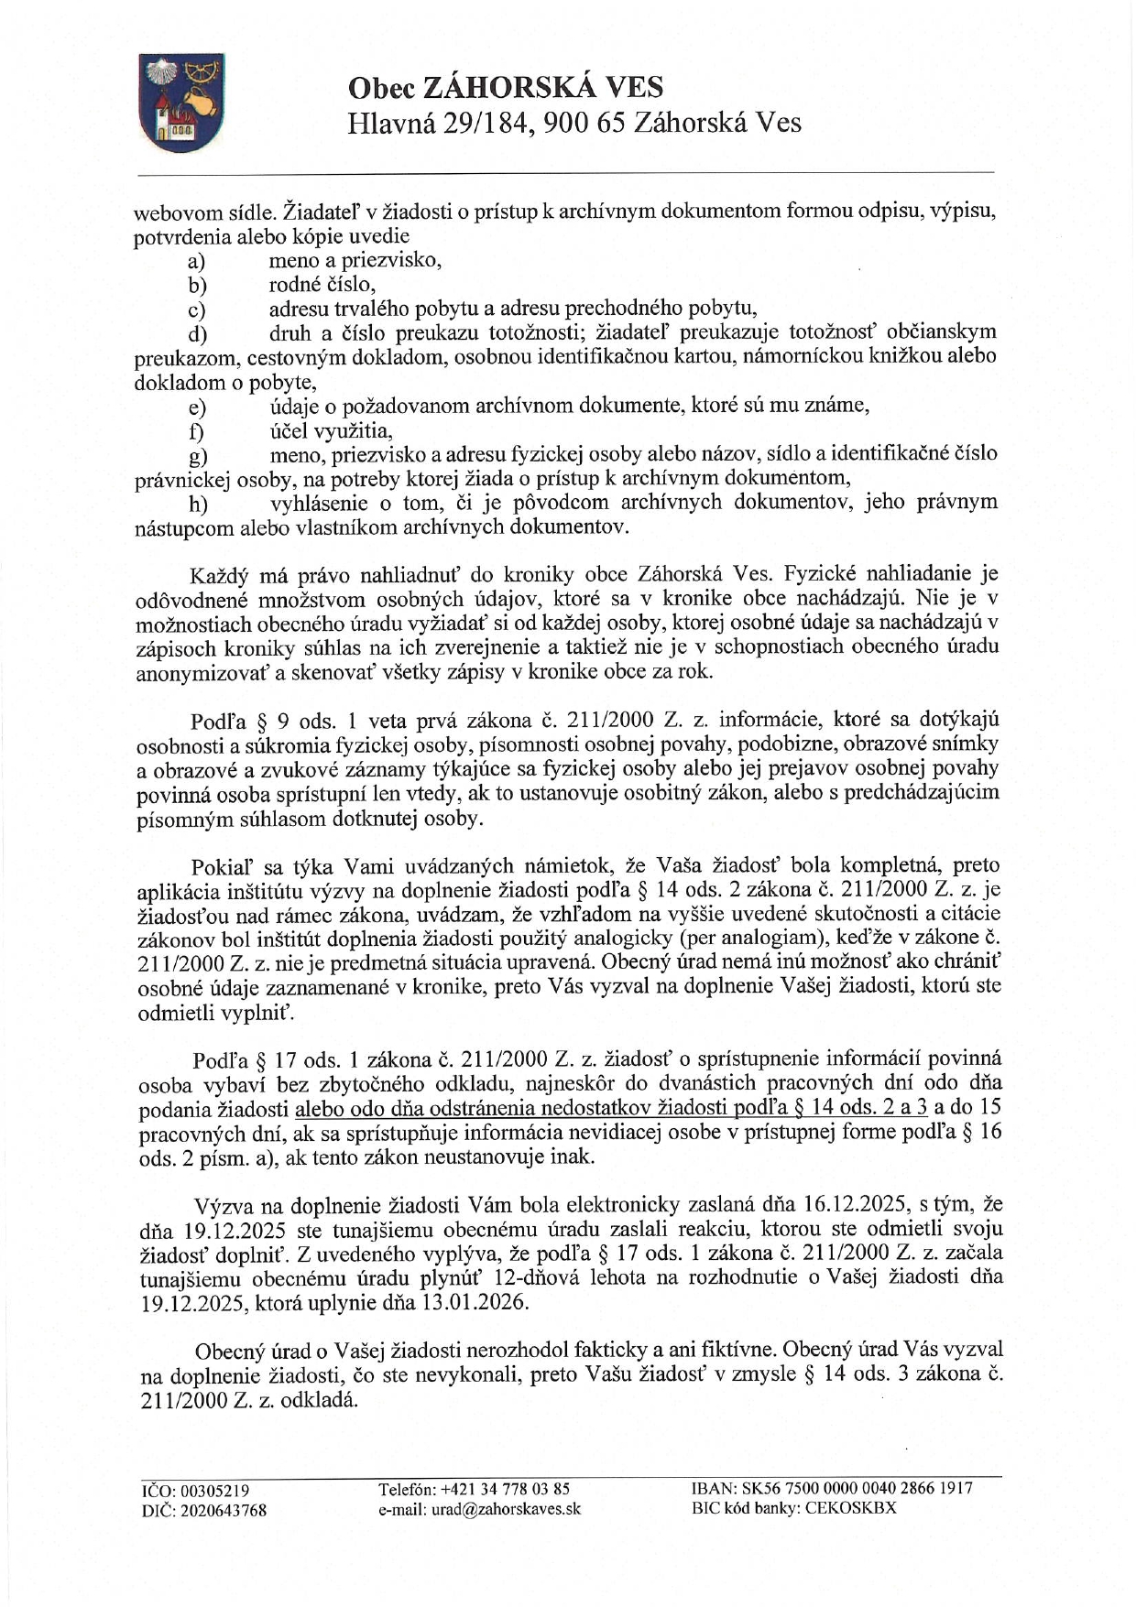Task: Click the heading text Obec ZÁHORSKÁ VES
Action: tap(505, 87)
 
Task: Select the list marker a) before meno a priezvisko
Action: tap(196, 262)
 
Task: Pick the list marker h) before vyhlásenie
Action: tap(197, 504)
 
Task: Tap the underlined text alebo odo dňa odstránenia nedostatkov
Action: tap(472, 1109)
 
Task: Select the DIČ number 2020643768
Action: tap(224, 1511)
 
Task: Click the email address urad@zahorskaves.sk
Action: tap(507, 1509)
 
